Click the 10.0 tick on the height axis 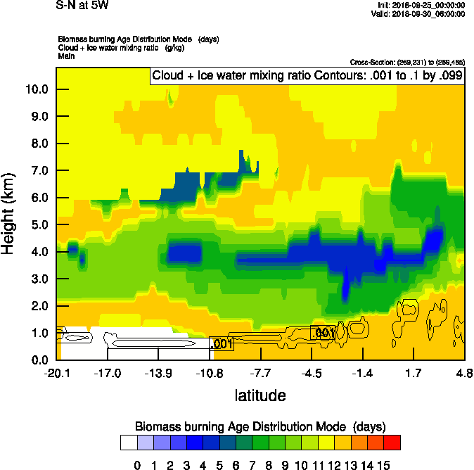37,89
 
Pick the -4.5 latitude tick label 312,372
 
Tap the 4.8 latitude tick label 464,372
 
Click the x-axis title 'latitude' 260,395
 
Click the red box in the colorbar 392,442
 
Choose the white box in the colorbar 129,442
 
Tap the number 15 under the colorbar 384,464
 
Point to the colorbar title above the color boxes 260,427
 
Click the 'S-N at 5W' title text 82,6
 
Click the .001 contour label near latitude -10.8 222,344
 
